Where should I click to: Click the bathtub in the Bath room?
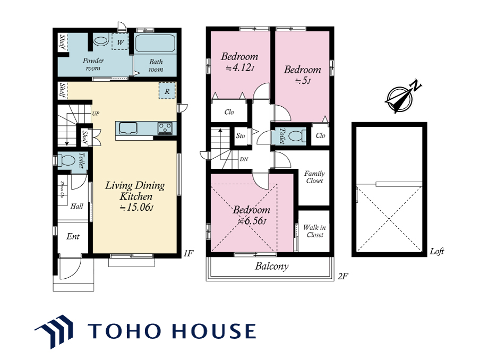pyautogui.click(x=155, y=44)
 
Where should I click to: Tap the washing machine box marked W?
pyautogui.click(x=120, y=41)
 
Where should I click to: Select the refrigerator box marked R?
pyautogui.click(x=167, y=91)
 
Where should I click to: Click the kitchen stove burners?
pyautogui.click(x=165, y=128)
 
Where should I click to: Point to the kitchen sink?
pyautogui.click(x=128, y=128)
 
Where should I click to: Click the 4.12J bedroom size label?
pyautogui.click(x=239, y=67)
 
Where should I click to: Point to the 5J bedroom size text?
pyautogui.click(x=303, y=81)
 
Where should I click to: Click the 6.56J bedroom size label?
pyautogui.click(x=252, y=221)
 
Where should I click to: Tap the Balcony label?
pyautogui.click(x=272, y=266)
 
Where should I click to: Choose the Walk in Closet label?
pyautogui.click(x=314, y=231)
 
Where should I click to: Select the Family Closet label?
pyautogui.click(x=314, y=177)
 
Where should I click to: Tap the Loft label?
pyautogui.click(x=437, y=251)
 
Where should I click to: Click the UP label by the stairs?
pyautogui.click(x=96, y=114)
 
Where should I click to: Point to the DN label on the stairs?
pyautogui.click(x=244, y=159)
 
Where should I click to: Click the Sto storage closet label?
pyautogui.click(x=241, y=135)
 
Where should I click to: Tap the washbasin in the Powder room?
pyautogui.click(x=101, y=41)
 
